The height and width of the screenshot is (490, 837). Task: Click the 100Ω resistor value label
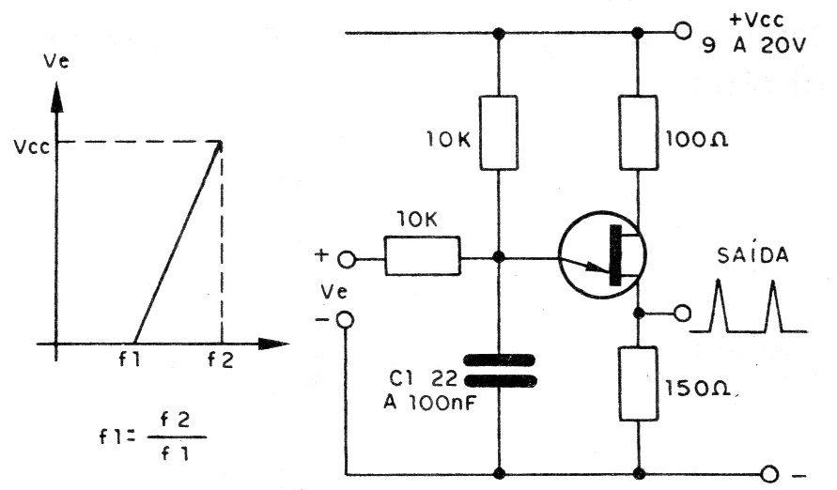pyautogui.click(x=697, y=140)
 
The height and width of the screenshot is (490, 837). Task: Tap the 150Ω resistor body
pyautogui.click(x=638, y=383)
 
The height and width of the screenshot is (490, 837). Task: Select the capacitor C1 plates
pyautogui.click(x=500, y=371)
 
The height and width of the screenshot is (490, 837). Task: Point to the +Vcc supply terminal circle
pyautogui.click(x=682, y=32)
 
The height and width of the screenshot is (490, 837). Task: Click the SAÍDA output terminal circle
pyautogui.click(x=682, y=313)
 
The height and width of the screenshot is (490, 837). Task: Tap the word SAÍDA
pyautogui.click(x=752, y=255)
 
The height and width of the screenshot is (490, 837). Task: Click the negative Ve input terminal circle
pyautogui.click(x=346, y=320)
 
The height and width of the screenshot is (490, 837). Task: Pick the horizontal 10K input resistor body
pyautogui.click(x=422, y=256)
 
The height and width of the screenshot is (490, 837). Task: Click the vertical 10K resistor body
pyautogui.click(x=499, y=132)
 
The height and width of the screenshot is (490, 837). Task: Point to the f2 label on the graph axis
pyautogui.click(x=221, y=360)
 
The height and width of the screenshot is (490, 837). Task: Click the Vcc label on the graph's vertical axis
pyautogui.click(x=32, y=146)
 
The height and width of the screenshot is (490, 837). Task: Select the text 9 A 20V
pyautogui.click(x=753, y=46)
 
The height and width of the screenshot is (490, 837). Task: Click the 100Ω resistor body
pyautogui.click(x=638, y=132)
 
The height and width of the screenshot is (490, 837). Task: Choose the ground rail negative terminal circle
pyautogui.click(x=769, y=473)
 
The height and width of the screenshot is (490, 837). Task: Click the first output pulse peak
pyautogui.click(x=718, y=281)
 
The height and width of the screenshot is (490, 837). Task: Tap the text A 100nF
pyautogui.click(x=429, y=403)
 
